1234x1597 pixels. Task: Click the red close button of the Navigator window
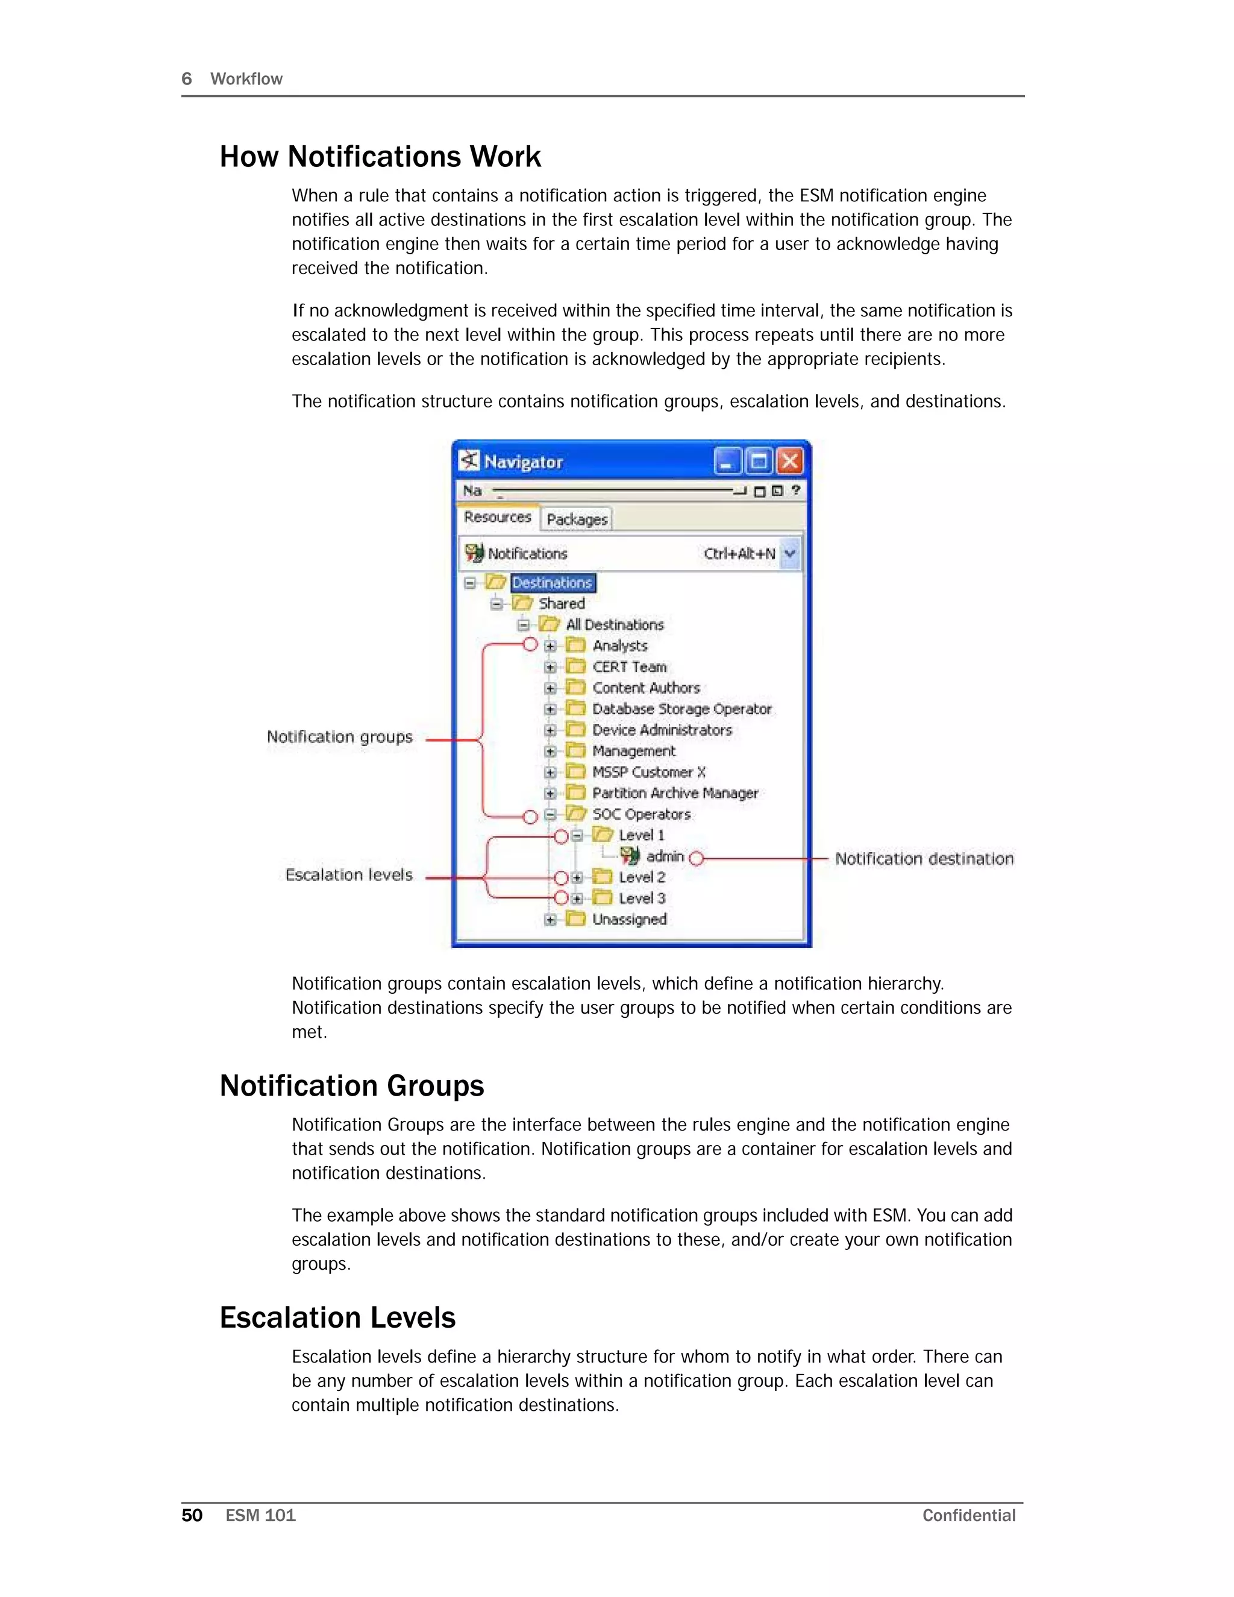point(789,462)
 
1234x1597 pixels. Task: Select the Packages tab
point(577,519)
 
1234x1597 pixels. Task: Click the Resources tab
point(497,517)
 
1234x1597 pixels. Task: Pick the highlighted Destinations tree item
point(552,583)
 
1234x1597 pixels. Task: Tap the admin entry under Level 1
point(665,856)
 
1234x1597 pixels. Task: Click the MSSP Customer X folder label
point(648,772)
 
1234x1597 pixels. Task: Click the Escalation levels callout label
point(349,874)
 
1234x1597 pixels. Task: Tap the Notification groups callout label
point(339,736)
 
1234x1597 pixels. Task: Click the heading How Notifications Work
point(380,157)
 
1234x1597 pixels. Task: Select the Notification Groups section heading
point(352,1086)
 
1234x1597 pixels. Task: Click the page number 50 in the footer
point(192,1515)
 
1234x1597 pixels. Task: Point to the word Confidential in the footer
point(969,1515)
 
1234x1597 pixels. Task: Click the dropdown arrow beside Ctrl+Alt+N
point(789,554)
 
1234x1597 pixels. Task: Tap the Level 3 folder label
point(641,898)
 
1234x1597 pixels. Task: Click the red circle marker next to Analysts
point(530,644)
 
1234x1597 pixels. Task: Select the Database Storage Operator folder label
point(681,709)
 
